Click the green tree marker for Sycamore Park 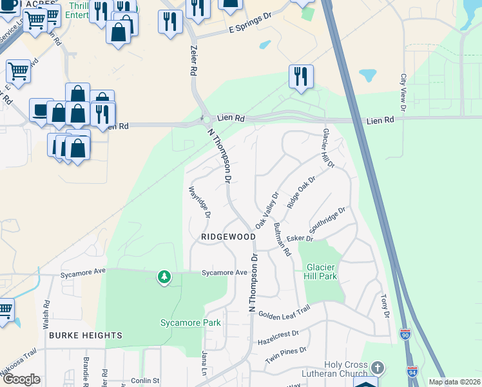point(165,277)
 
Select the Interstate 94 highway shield point(412,371)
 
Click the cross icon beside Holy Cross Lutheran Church point(377,368)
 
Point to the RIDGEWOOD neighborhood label point(228,237)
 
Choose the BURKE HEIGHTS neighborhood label point(85,335)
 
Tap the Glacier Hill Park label point(321,272)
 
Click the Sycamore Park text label point(190,322)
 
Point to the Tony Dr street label point(385,306)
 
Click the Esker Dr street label point(300,239)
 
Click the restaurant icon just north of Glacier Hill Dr point(301,76)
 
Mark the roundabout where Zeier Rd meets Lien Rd point(206,119)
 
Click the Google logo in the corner point(21,379)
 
